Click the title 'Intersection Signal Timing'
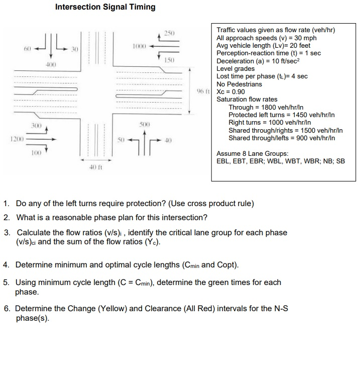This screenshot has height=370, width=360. [105, 7]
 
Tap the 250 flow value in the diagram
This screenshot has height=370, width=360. [171, 33]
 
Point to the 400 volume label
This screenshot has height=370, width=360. [50, 66]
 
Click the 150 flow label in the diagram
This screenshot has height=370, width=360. [171, 60]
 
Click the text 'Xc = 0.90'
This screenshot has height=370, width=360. [230, 91]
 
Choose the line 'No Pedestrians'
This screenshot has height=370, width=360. [239, 84]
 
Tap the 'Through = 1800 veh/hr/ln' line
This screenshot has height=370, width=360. [266, 108]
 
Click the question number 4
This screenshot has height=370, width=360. [6, 264]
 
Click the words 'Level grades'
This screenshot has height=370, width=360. [236, 68]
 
